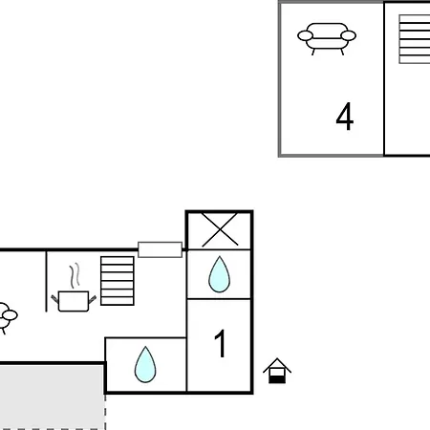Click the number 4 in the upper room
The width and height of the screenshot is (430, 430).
click(345, 117)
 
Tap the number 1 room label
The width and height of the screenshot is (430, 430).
click(221, 343)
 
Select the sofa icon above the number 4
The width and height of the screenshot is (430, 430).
click(327, 38)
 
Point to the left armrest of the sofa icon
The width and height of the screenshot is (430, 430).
click(305, 35)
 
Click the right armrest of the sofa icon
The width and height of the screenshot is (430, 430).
click(348, 35)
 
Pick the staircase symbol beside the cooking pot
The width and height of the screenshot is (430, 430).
click(118, 281)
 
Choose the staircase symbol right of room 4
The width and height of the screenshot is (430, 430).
click(415, 39)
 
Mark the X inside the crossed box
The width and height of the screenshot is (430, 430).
click(220, 229)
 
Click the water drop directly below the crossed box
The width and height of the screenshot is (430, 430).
click(219, 274)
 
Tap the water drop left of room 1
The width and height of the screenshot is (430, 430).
click(145, 364)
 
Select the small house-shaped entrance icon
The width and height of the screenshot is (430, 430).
click(277, 371)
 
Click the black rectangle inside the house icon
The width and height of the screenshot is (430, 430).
click(277, 379)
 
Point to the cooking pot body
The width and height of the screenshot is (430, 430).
click(74, 301)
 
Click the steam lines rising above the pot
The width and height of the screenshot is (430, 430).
click(75, 275)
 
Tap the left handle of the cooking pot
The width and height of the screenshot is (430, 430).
click(54, 299)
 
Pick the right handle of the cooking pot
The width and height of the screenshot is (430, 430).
click(93, 299)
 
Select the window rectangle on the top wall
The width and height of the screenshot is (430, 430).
click(161, 249)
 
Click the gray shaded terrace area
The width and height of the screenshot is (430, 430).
click(52, 398)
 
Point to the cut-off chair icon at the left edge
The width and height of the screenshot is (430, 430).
click(7, 318)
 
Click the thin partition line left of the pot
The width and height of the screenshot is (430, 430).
click(47, 282)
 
